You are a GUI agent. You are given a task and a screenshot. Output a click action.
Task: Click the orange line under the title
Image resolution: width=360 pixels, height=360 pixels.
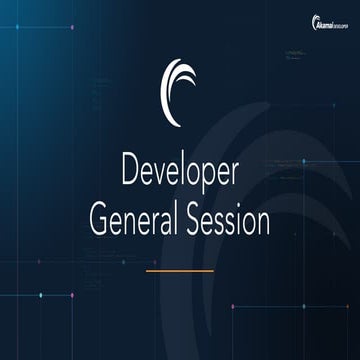(180, 270)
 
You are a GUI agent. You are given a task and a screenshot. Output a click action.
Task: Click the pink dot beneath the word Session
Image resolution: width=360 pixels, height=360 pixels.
(233, 306)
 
